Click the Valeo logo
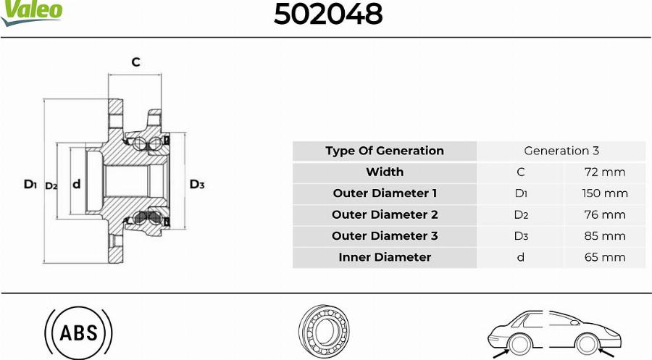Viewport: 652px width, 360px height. pos(31,12)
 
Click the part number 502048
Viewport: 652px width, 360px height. pos(327,14)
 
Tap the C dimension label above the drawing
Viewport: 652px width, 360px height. pos(135,62)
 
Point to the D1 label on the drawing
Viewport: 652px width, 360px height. pos(30,184)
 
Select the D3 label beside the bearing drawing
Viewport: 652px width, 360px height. pos(197,184)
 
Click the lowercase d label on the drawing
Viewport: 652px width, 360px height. pos(77,184)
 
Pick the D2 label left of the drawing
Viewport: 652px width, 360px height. pos(51,186)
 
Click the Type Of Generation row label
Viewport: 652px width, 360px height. pos(385,151)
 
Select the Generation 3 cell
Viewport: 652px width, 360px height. pos(561,151)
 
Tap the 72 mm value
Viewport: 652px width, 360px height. pos(605,172)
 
